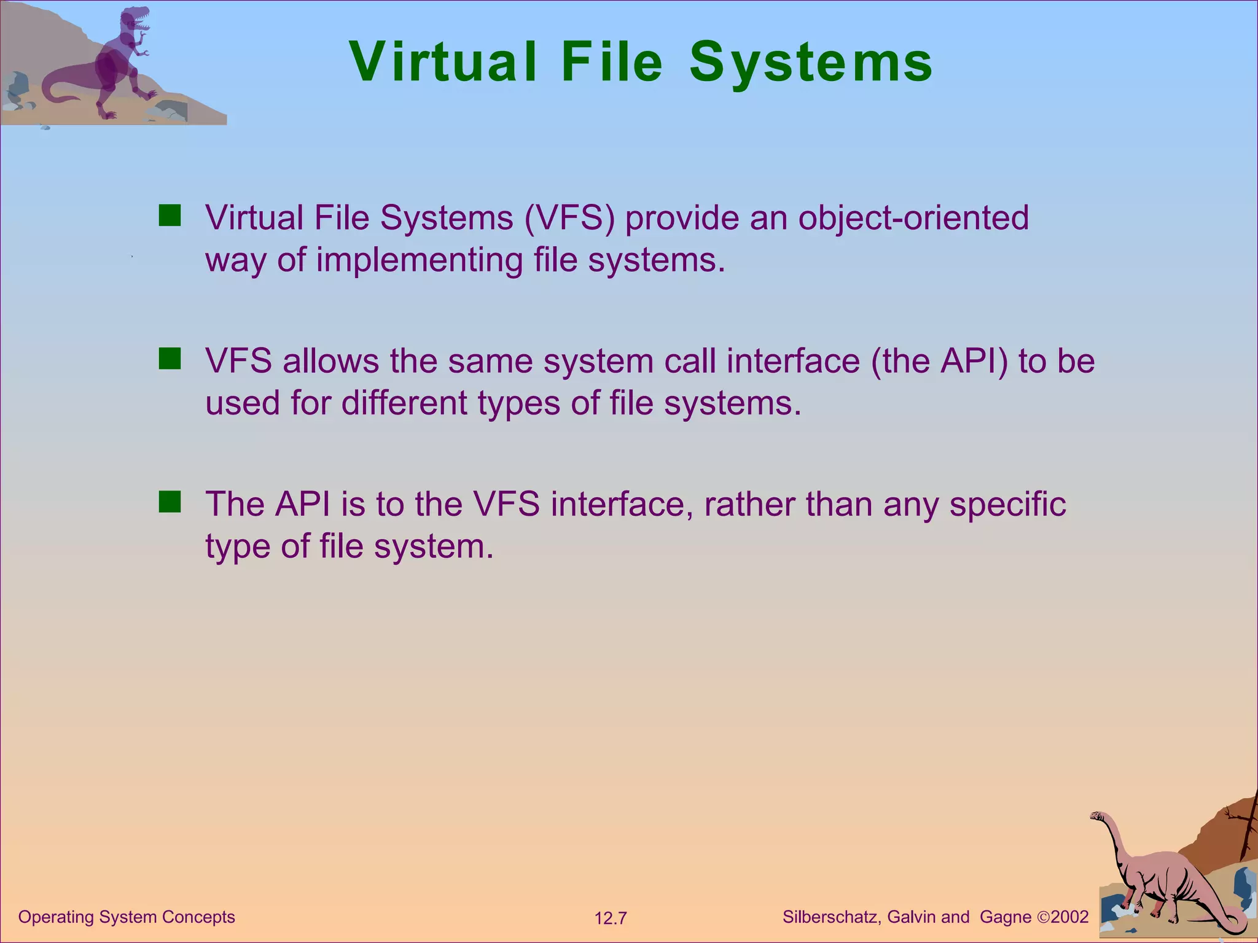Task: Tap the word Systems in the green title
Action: click(811, 63)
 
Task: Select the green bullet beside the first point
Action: click(170, 216)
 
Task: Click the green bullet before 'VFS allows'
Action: click(170, 359)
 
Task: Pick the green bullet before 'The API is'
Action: click(170, 502)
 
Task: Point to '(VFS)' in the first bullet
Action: click(569, 219)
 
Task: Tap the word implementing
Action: click(420, 260)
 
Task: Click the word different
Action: click(405, 403)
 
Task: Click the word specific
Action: click(1007, 505)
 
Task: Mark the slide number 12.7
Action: click(611, 918)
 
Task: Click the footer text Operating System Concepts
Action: click(127, 917)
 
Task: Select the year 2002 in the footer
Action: click(1069, 917)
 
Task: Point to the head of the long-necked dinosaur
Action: click(1098, 816)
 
